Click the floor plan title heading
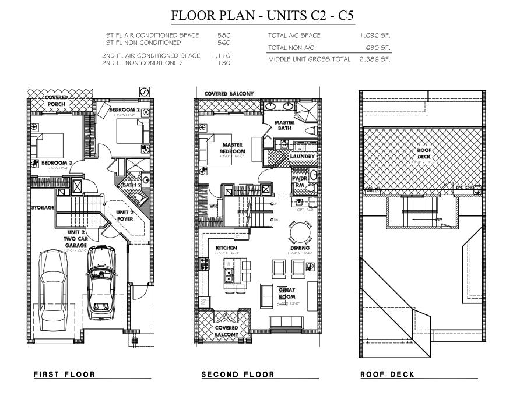pyautogui.click(x=262, y=15)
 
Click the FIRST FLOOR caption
pyautogui.click(x=64, y=374)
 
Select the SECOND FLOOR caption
pyautogui.click(x=237, y=374)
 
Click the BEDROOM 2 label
pyautogui.click(x=125, y=109)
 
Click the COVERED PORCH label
pyautogui.click(x=57, y=101)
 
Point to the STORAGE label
pyautogui.click(x=43, y=207)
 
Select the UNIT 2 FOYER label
pyautogui.click(x=125, y=216)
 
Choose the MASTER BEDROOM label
pyautogui.click(x=232, y=148)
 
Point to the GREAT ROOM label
pyautogui.click(x=287, y=293)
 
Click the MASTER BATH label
pyautogui.click(x=284, y=125)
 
